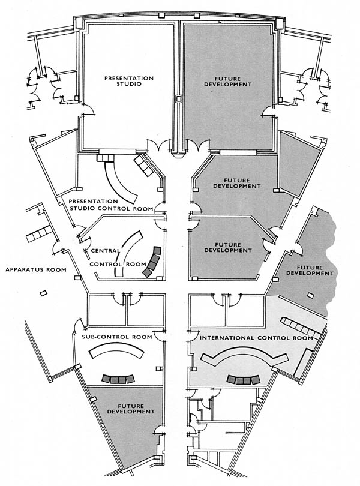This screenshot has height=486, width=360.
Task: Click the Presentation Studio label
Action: click(x=129, y=82)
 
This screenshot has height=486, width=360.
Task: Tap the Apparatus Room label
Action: click(x=35, y=269)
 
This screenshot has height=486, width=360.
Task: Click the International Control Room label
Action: click(x=256, y=338)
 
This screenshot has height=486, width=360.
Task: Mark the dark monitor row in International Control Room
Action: click(x=242, y=379)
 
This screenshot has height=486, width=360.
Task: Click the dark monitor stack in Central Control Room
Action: click(x=152, y=262)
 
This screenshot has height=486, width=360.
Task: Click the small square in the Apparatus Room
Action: click(x=43, y=293)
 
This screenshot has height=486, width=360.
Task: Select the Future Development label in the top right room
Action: click(x=232, y=82)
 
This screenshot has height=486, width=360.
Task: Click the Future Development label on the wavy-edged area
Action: click(x=310, y=269)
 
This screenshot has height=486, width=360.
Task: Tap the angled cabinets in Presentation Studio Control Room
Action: click(x=144, y=166)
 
